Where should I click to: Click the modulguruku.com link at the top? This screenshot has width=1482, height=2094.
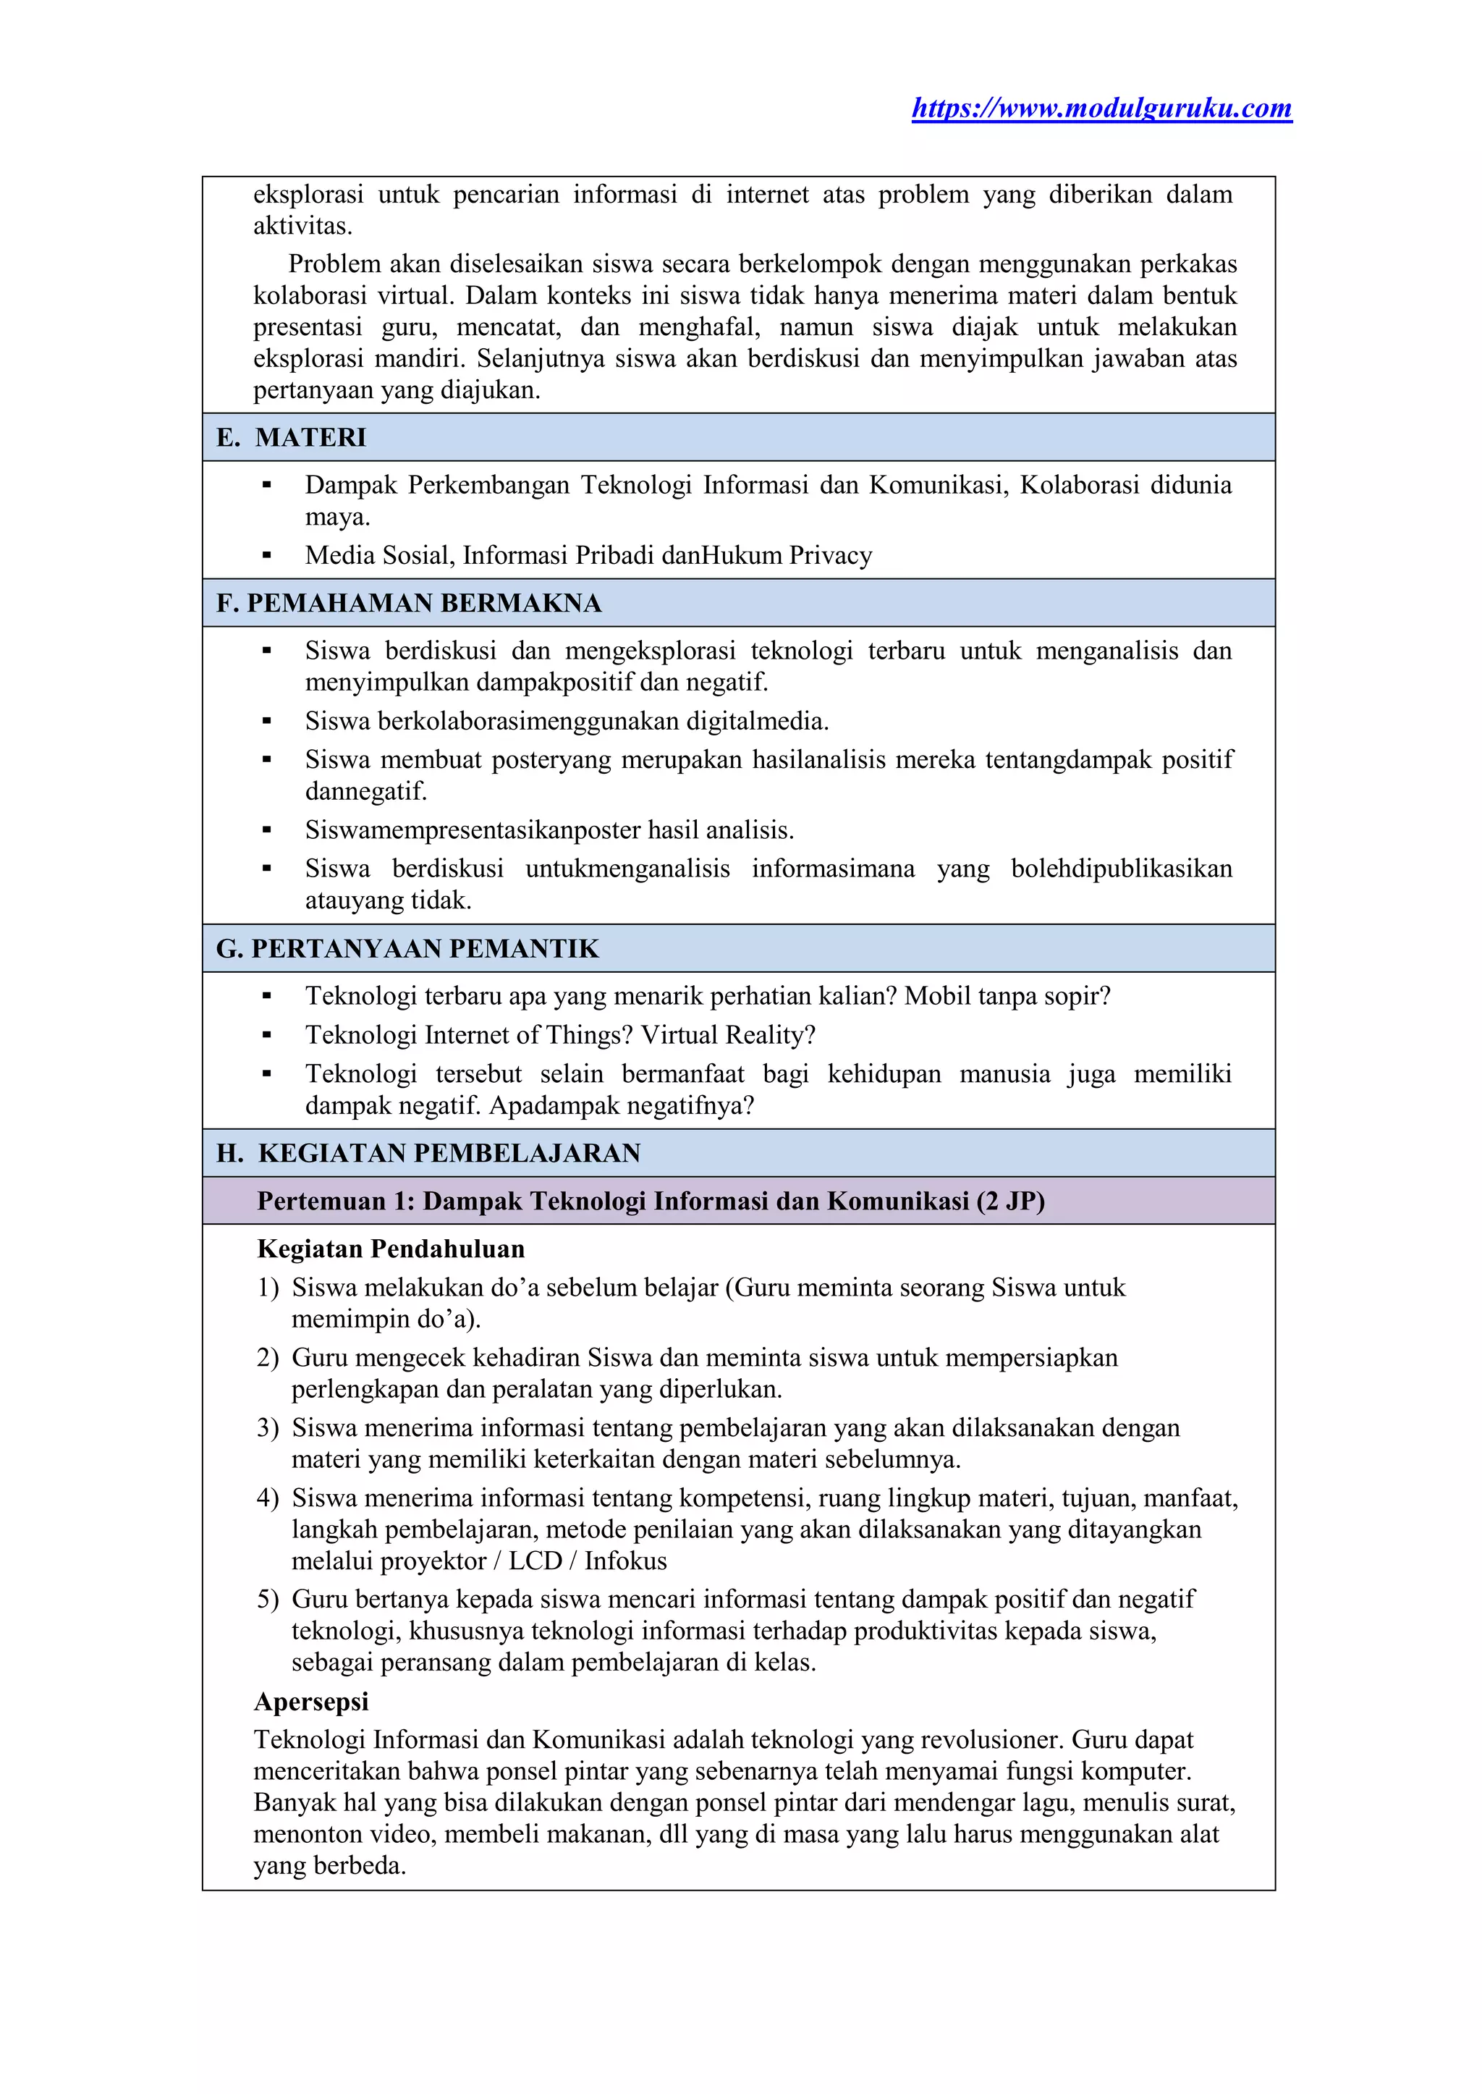coord(1101,109)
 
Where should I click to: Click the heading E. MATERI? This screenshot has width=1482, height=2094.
coord(291,437)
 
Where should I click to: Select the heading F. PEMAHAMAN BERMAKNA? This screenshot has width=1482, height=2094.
coord(409,604)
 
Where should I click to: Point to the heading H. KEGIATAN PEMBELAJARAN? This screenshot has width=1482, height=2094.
coord(428,1153)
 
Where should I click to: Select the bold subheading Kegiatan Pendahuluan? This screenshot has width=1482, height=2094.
coord(391,1249)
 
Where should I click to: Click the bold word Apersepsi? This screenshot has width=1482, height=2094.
coord(311,1702)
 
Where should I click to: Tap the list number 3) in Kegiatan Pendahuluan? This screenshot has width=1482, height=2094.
coord(267,1427)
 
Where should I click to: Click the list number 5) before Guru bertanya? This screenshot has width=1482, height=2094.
coord(267,1599)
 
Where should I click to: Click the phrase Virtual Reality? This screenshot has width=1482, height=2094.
coord(727,1035)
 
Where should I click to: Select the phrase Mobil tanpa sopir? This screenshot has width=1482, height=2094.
coord(1007,996)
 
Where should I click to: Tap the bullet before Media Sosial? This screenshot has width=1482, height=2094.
coord(266,556)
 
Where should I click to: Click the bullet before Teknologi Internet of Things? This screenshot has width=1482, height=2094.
coord(266,1035)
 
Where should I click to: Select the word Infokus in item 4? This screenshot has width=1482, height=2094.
coord(625,1561)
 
